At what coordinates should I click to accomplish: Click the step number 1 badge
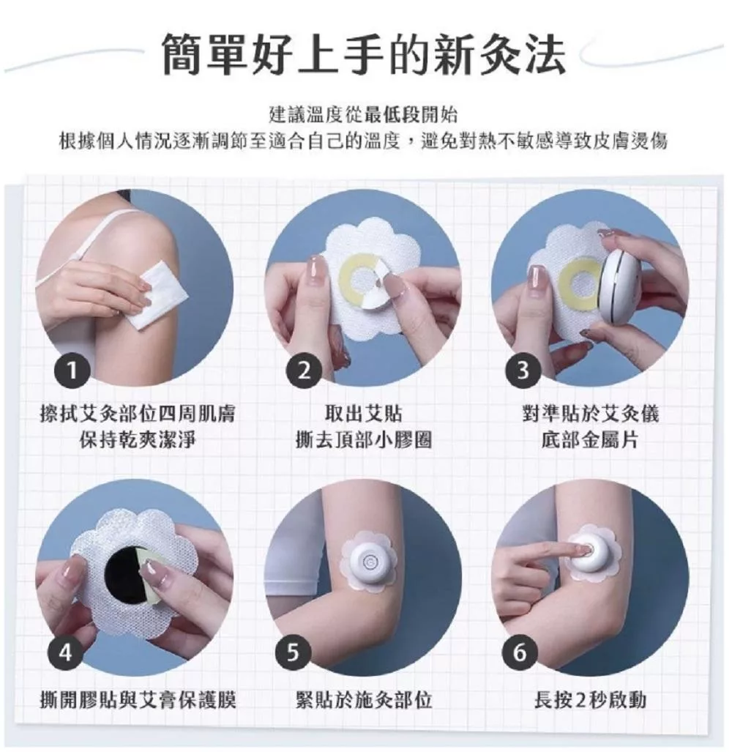coord(72,371)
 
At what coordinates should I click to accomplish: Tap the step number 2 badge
coord(304,371)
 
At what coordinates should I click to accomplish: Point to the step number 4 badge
coord(66,652)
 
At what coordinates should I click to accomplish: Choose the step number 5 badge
coord(293,652)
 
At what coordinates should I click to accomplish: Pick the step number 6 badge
coord(520,652)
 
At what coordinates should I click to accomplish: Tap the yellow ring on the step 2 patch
coord(357,280)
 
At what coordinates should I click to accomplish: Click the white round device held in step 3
coord(621,287)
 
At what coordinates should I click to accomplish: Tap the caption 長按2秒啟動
coord(590,700)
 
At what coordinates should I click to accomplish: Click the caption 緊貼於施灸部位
coord(364,700)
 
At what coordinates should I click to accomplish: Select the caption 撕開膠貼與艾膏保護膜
coord(138,700)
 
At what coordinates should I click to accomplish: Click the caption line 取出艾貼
coord(363,414)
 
